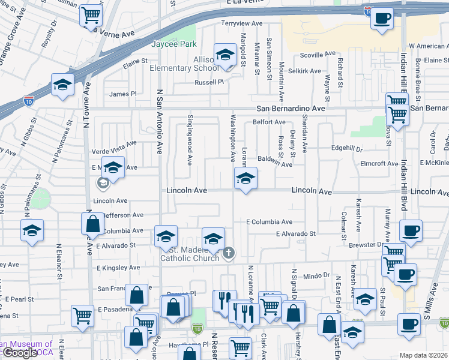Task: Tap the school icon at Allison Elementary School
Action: point(225,55)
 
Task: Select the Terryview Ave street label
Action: point(243,23)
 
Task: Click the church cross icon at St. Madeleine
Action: point(228,254)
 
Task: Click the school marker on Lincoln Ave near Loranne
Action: point(245,178)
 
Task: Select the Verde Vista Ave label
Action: point(114,143)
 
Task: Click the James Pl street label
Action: point(123,94)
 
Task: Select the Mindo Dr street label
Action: point(317,275)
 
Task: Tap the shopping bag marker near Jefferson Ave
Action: point(92,224)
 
